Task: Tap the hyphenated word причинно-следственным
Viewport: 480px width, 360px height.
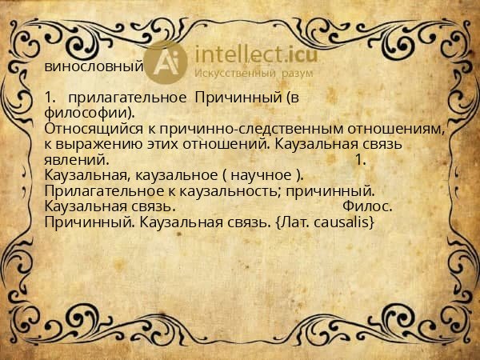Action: pos(250,128)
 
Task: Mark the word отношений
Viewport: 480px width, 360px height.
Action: pos(231,144)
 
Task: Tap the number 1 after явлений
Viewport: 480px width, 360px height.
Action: pos(359,159)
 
